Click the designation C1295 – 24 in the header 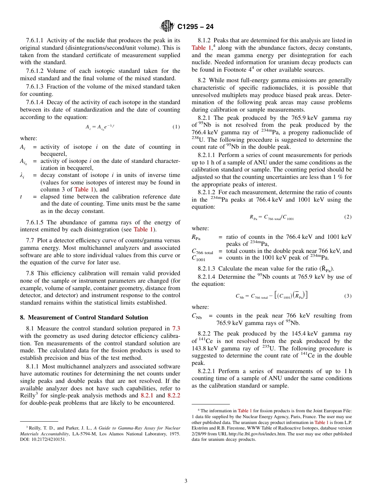tap(195, 27)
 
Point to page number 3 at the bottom tap(186, 481)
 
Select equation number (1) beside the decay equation tap(176, 127)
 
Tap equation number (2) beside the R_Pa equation tap(347, 217)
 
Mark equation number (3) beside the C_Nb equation tap(347, 296)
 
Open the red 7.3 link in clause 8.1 tap(176, 329)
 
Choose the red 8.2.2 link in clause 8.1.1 tap(173, 396)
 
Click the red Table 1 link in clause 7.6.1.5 tap(143, 229)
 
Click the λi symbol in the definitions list tap(22, 176)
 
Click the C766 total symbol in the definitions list tap(202, 251)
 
